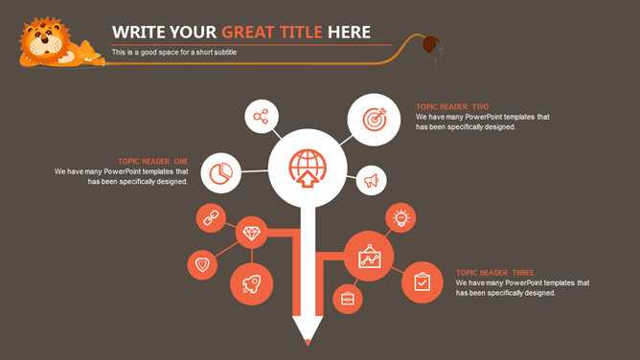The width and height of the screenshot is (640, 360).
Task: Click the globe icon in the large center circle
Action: pyautogui.click(x=308, y=168)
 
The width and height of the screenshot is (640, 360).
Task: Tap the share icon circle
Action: pyautogui.click(x=262, y=116)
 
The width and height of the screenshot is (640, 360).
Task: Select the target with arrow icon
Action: pyautogui.click(x=375, y=119)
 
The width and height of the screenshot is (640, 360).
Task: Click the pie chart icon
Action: pyautogui.click(x=220, y=173)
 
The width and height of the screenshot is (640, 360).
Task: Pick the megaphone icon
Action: pyautogui.click(x=371, y=180)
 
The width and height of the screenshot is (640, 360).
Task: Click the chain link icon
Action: pyautogui.click(x=211, y=218)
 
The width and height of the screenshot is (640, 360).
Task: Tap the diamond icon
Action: pyautogui.click(x=251, y=233)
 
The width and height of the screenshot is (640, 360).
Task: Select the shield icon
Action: pyautogui.click(x=202, y=265)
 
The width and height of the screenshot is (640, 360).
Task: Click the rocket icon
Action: pyautogui.click(x=251, y=284)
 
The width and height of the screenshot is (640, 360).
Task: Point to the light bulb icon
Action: pyautogui.click(x=400, y=217)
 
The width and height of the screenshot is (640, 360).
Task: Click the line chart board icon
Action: pyautogui.click(x=370, y=257)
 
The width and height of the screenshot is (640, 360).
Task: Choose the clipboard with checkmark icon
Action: pyautogui.click(x=423, y=282)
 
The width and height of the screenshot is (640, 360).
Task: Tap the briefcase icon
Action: pyautogui.click(x=348, y=299)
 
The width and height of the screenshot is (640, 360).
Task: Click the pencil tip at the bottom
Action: pyautogui.click(x=308, y=343)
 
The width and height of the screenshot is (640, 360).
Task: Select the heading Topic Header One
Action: pyautogui.click(x=153, y=162)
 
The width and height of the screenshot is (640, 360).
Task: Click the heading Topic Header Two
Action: pyautogui.click(x=452, y=107)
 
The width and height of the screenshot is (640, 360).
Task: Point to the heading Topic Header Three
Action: pyautogui.click(x=494, y=273)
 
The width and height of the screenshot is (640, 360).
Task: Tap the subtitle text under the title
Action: pyautogui.click(x=174, y=53)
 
